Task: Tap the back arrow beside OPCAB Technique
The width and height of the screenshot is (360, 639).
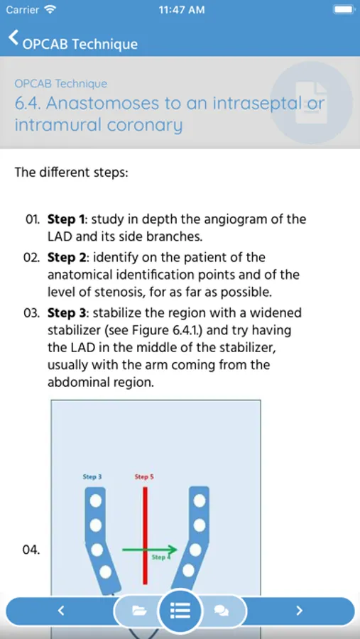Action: [x=13, y=38]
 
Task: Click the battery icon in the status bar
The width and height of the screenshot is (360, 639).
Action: [x=344, y=9]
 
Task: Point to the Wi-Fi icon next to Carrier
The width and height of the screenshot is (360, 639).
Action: [x=50, y=9]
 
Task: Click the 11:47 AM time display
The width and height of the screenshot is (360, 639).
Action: [x=182, y=10]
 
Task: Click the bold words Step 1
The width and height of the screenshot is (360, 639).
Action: [x=67, y=219]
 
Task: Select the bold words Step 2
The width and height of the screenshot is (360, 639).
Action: [x=67, y=258]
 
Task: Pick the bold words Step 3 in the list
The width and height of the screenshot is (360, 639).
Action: [x=67, y=313]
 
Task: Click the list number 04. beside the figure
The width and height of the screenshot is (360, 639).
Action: [x=31, y=550]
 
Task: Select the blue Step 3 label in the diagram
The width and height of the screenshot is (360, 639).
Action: [x=92, y=476]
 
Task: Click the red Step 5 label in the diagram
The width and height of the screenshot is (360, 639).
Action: [x=144, y=476]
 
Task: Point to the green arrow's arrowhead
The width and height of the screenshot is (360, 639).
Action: [x=173, y=550]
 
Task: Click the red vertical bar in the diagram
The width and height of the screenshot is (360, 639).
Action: [x=145, y=535]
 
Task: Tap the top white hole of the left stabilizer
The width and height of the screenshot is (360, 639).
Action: [x=95, y=500]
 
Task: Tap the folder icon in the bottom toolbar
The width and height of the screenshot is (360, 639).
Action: [x=139, y=611]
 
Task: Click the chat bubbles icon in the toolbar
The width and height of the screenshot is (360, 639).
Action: [x=222, y=611]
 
